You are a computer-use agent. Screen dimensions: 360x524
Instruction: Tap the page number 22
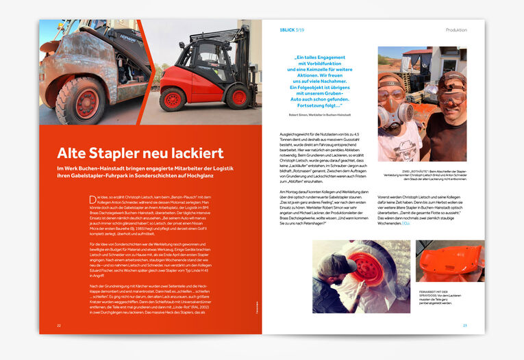(60, 325)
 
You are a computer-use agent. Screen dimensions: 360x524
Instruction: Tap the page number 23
(465, 325)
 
